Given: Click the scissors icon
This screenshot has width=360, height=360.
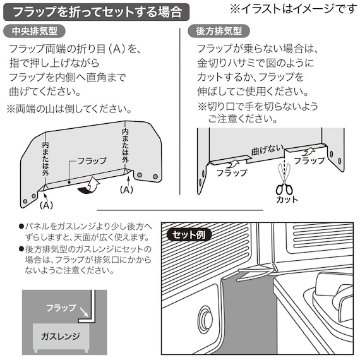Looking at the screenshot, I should (x=284, y=187).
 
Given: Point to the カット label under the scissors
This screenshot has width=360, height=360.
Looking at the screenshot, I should (x=286, y=201).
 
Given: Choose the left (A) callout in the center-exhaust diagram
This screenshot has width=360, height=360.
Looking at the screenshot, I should (x=46, y=205).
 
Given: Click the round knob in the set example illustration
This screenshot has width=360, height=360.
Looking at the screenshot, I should (x=205, y=316).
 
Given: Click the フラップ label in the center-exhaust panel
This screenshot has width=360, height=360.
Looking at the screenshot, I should (x=90, y=161).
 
